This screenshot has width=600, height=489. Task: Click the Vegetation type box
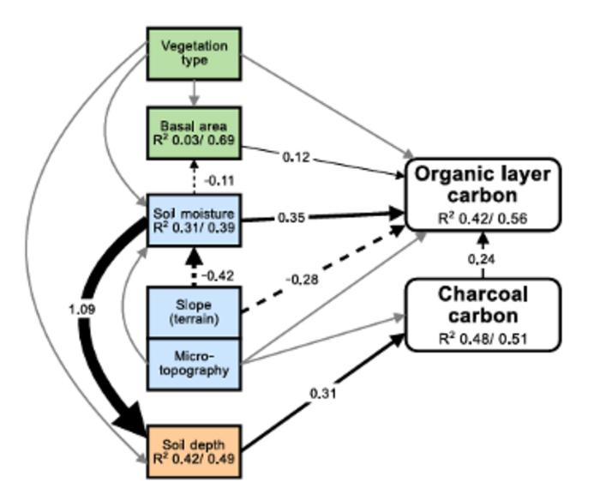pyautogui.click(x=194, y=52)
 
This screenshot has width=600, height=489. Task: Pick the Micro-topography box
pyautogui.click(x=194, y=364)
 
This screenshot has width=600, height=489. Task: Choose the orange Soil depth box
pyautogui.click(x=194, y=450)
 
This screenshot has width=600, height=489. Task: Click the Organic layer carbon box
pyautogui.click(x=483, y=194)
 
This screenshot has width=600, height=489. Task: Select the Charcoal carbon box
pyautogui.click(x=483, y=314)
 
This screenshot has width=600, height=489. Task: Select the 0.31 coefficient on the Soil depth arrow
pyautogui.click(x=325, y=394)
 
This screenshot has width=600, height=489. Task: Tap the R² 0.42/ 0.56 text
pyautogui.click(x=483, y=218)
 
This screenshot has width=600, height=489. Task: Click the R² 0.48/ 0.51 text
pyautogui.click(x=483, y=337)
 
